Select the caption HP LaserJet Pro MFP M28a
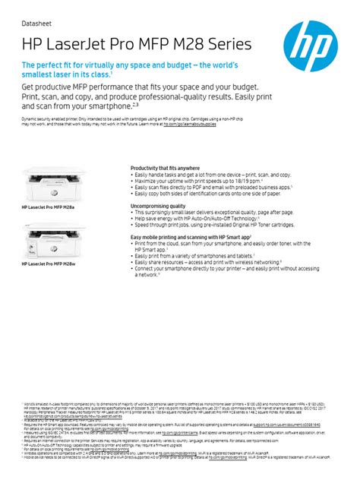point(49,207)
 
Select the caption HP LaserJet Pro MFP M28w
point(49,264)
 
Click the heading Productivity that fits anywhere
point(165,168)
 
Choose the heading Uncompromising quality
point(158,205)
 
